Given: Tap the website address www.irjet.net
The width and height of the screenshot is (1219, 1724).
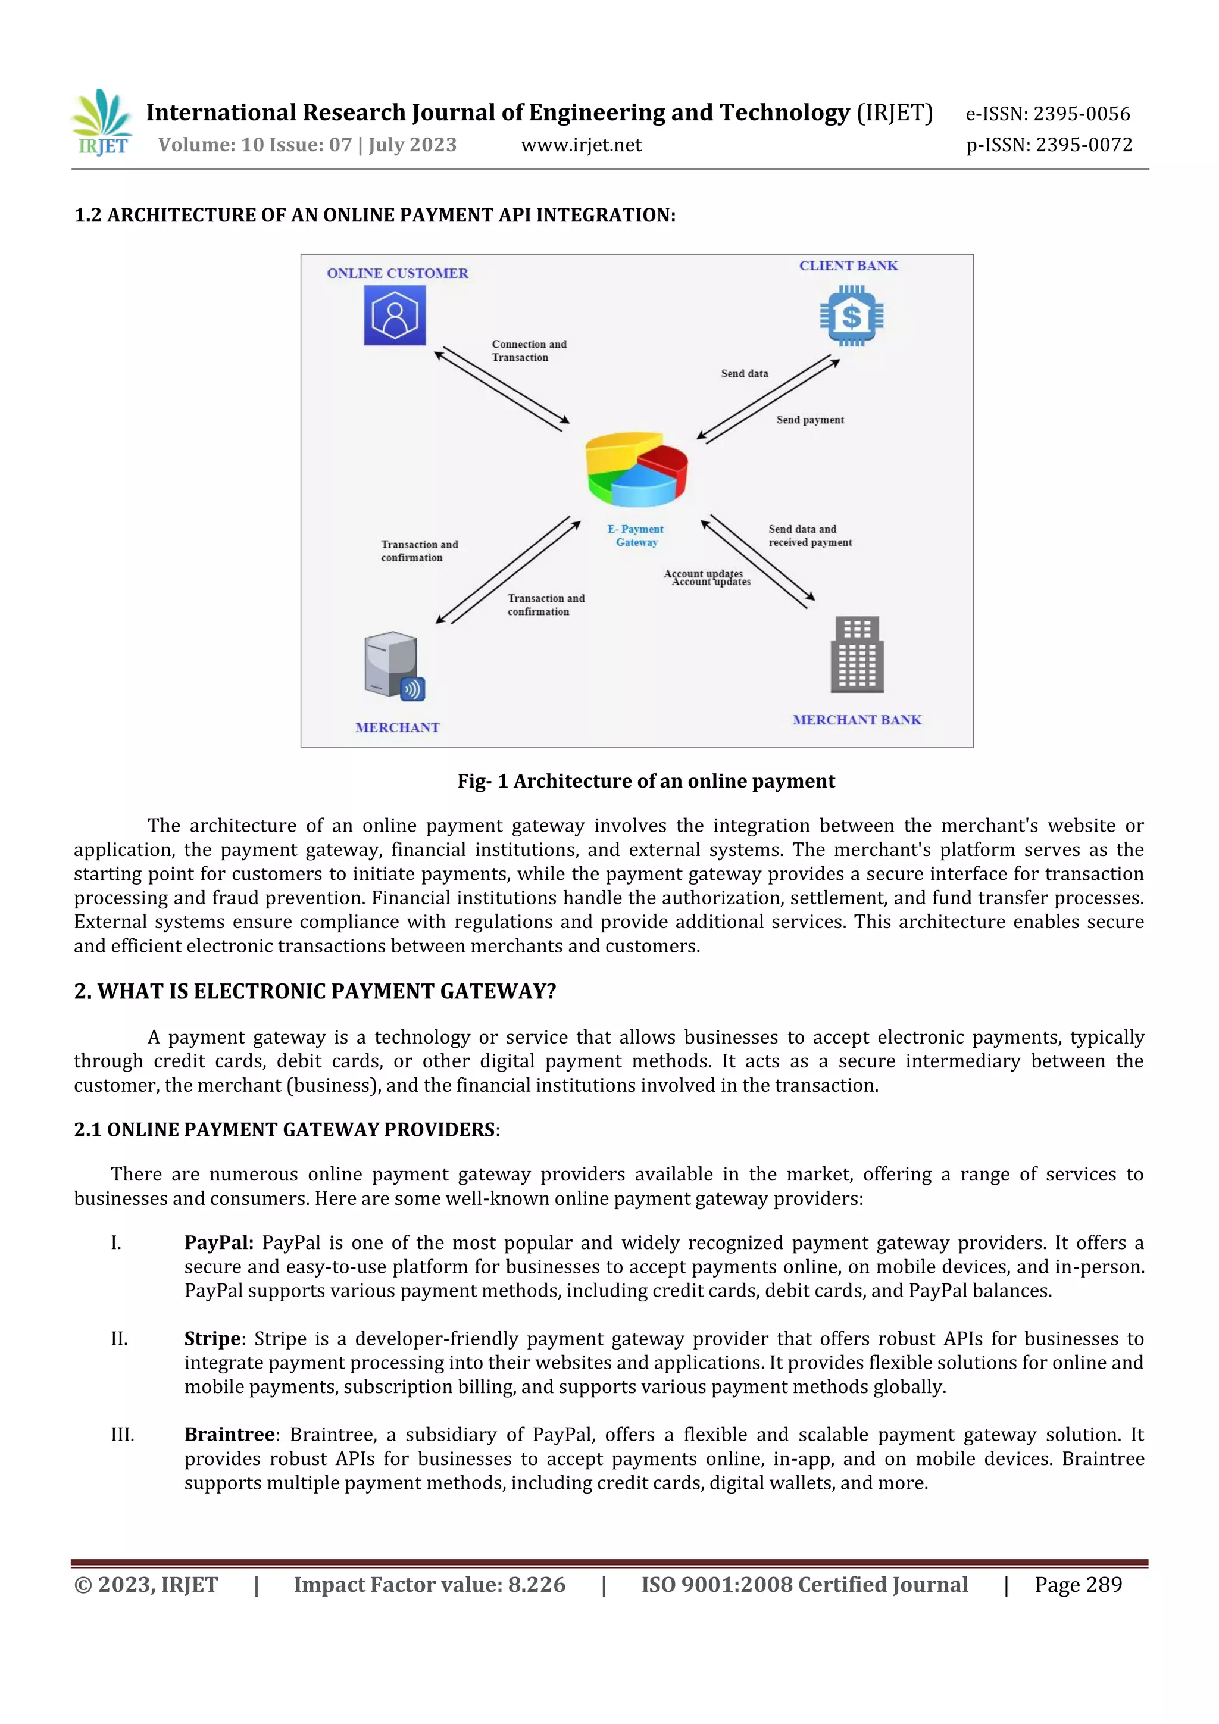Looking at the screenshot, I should [581, 145].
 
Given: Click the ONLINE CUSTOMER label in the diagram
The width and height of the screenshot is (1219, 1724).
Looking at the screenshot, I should [397, 273].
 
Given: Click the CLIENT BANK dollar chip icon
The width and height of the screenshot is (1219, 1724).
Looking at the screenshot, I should [851, 316].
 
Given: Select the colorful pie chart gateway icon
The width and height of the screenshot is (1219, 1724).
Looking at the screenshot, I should [636, 469].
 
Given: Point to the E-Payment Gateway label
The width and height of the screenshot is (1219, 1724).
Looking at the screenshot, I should [636, 535].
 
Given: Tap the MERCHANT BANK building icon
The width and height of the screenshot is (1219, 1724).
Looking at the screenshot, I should [857, 654].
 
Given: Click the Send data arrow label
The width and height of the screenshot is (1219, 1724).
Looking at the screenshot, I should [745, 374].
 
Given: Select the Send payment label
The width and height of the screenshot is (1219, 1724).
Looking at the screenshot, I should [810, 420].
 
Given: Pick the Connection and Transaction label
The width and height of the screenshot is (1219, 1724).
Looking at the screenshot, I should [529, 351].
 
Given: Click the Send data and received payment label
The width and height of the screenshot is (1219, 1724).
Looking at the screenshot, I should [809, 535].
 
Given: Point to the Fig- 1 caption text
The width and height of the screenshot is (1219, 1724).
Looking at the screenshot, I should [646, 781].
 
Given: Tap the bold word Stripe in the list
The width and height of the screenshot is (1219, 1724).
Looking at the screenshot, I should [212, 1339].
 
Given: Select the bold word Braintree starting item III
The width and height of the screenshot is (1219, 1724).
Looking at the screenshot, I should [230, 1435].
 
